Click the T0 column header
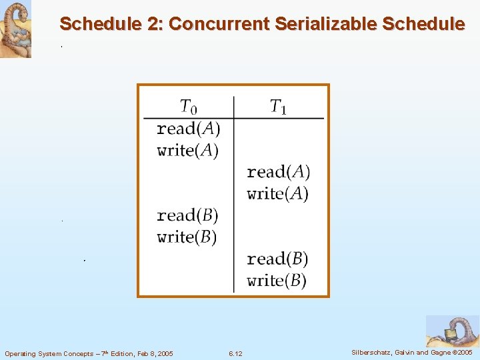click(189, 107)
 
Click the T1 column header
click(279, 107)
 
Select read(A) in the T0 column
click(188, 128)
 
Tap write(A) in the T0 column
click(187, 150)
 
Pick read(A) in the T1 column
click(278, 172)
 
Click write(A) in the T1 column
click(277, 194)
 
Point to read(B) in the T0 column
click(187, 215)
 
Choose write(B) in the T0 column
click(187, 237)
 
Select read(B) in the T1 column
click(277, 259)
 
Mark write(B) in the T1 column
click(277, 280)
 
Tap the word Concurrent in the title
click(219, 24)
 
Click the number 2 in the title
click(154, 24)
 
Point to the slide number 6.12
click(235, 353)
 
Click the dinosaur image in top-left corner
click(15, 29)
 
